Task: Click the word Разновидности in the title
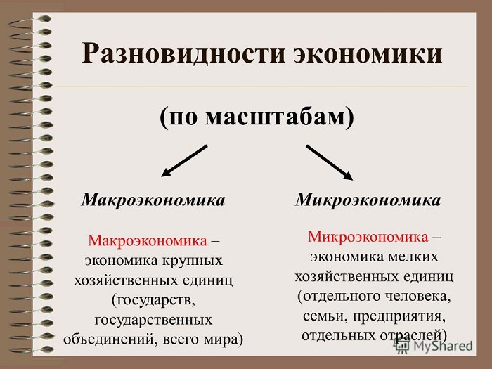[183, 53]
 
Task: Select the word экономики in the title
[368, 54]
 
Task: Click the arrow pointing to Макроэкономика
[184, 161]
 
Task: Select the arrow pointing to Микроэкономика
[330, 162]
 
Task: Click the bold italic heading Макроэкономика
[153, 200]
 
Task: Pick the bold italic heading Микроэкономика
[368, 200]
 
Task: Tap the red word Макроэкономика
[148, 240]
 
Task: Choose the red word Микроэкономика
[368, 236]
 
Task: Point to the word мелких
[413, 257]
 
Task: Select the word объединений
[107, 339]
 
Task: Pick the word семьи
[325, 316]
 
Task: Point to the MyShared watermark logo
[434, 346]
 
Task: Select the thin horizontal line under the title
[261, 86]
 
